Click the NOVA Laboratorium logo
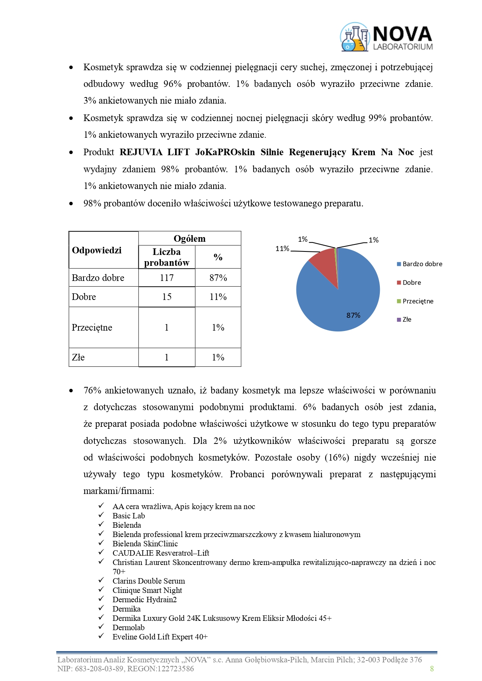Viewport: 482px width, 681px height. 386,37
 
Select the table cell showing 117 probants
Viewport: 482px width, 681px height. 167,278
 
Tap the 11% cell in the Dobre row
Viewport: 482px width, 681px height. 218,297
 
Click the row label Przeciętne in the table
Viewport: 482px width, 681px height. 92,328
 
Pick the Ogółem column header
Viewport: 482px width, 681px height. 190,239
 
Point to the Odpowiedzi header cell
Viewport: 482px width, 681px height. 97,250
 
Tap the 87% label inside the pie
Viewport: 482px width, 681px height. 353,315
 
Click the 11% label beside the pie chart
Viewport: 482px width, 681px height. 282,249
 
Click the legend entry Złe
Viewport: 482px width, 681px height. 407,320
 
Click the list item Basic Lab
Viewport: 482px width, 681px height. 129,516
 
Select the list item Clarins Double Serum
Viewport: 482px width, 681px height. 149,581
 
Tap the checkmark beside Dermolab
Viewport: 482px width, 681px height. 101,627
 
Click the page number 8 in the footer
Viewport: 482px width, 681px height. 432,669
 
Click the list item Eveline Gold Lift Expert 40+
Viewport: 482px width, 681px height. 160,637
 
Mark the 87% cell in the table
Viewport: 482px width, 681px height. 218,278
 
